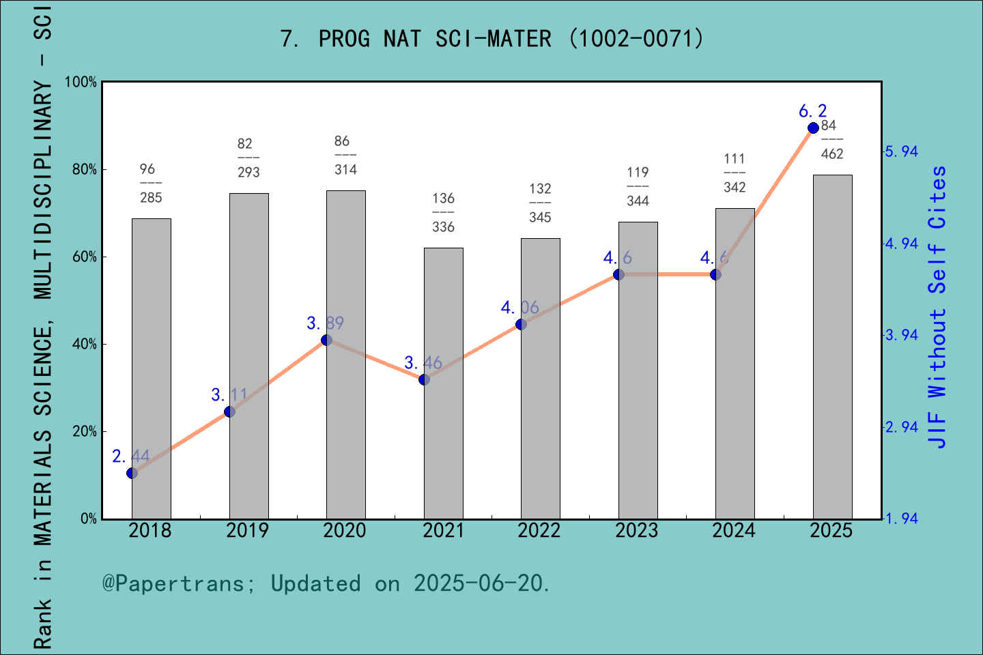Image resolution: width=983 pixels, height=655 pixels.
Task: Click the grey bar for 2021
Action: click(x=443, y=383)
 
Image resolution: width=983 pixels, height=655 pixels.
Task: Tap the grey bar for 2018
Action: click(x=151, y=368)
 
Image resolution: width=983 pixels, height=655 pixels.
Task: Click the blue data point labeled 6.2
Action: click(x=813, y=128)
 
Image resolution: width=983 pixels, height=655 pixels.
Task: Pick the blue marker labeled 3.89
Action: click(x=326, y=340)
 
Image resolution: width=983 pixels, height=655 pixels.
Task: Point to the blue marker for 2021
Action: click(x=424, y=379)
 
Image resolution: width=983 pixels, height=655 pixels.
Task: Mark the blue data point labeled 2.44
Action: click(x=132, y=473)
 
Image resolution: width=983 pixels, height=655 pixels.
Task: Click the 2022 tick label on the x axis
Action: click(x=539, y=530)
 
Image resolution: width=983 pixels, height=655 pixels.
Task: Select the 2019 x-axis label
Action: click(x=247, y=530)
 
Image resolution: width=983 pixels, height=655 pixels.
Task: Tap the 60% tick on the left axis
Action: click(x=85, y=257)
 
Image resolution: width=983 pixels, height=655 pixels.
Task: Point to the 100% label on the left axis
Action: click(x=81, y=82)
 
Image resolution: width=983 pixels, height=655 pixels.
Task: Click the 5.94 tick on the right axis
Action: click(x=902, y=151)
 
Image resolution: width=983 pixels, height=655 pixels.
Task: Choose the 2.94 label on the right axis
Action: click(x=902, y=427)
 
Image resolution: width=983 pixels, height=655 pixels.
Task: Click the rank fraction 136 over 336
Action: click(x=443, y=212)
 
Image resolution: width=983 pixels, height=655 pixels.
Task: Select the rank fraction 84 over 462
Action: click(x=831, y=140)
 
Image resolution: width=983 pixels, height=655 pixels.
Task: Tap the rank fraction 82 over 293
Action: click(x=248, y=158)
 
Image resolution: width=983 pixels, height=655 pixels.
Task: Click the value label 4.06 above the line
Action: click(x=519, y=308)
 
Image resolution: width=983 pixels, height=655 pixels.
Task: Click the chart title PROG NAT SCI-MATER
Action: click(x=491, y=38)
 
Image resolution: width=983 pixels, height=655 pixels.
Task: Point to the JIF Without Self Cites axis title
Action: click(x=938, y=307)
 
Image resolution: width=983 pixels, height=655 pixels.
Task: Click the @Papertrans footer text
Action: click(x=326, y=583)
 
